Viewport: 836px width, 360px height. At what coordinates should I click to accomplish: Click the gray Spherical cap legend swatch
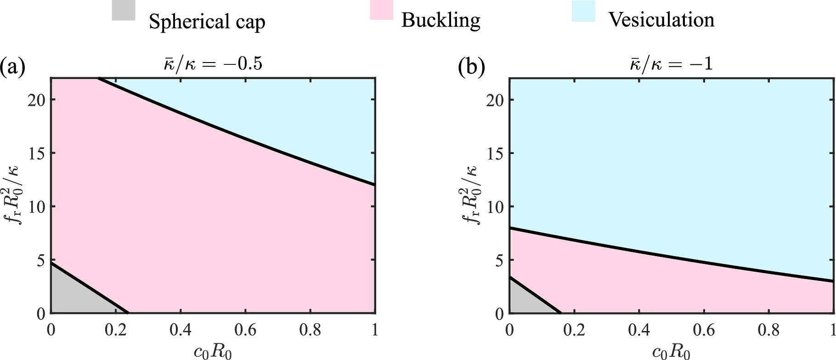[x=124, y=10]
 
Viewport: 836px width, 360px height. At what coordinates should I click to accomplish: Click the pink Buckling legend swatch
[x=381, y=10]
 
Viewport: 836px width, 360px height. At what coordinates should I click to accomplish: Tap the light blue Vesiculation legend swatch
[x=583, y=11]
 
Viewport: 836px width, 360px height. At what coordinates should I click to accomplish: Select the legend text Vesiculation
[x=661, y=20]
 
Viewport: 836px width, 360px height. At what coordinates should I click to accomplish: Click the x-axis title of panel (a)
[x=213, y=352]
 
